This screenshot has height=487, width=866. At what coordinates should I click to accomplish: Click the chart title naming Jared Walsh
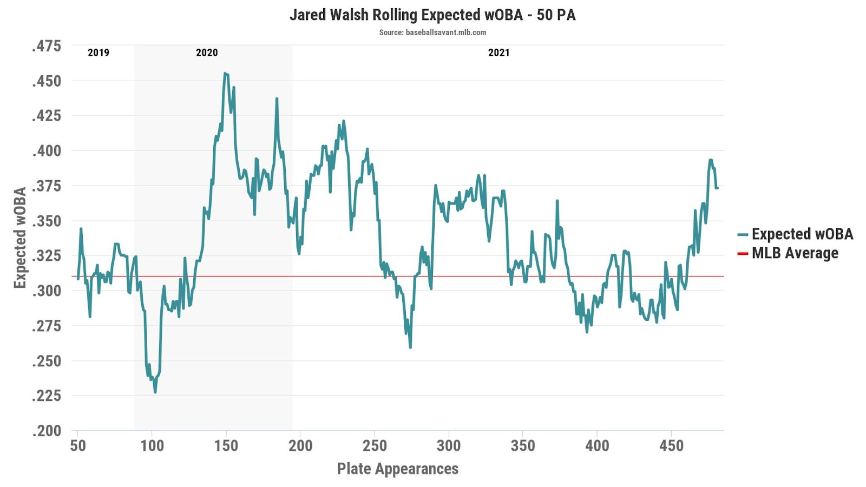click(432, 15)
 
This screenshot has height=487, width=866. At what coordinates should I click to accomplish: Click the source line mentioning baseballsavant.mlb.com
click(432, 32)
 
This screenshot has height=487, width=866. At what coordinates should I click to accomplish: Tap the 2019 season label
click(99, 52)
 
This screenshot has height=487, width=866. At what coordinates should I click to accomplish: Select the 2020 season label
click(207, 52)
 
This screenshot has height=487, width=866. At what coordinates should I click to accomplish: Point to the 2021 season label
click(498, 52)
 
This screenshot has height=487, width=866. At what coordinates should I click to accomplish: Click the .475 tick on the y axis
click(47, 46)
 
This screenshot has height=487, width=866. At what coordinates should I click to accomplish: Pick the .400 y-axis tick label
click(47, 151)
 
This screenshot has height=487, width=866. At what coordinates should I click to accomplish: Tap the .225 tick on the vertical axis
click(47, 396)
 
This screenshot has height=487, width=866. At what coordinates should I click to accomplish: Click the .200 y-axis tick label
click(47, 431)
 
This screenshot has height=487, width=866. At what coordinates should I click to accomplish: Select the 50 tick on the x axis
click(78, 446)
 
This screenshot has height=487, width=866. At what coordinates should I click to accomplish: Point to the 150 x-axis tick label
click(226, 446)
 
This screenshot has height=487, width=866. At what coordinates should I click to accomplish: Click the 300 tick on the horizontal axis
click(449, 446)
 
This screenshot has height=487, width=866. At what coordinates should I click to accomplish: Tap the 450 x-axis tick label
click(671, 446)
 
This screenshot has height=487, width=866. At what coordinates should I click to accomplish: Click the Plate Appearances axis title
click(398, 469)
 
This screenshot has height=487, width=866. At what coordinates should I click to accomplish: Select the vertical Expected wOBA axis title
click(20, 238)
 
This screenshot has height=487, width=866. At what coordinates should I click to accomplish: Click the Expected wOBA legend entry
click(802, 234)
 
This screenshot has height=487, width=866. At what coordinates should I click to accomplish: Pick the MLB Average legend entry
click(795, 253)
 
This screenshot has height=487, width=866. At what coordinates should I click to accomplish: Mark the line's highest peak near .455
click(225, 74)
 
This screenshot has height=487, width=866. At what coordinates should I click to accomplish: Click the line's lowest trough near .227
click(155, 392)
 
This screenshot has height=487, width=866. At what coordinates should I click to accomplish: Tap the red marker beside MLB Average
click(743, 254)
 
